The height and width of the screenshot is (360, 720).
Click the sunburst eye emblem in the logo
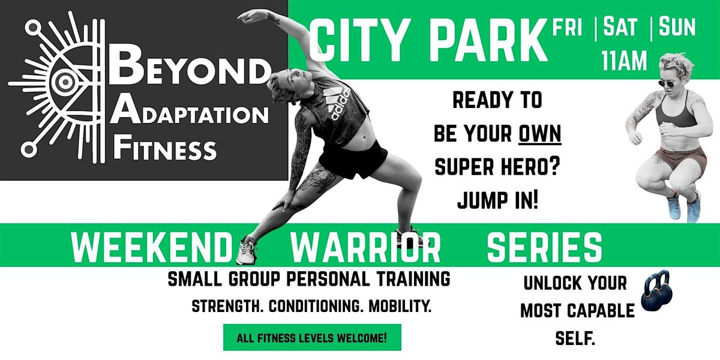point(60,84)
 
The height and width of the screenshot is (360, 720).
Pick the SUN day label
point(678,28)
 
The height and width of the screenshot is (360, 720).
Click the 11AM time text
point(624,61)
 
